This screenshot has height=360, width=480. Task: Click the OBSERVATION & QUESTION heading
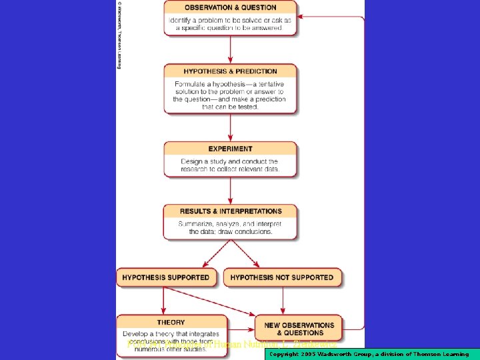click(230, 7)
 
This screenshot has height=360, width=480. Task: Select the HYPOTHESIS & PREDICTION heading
click(230, 71)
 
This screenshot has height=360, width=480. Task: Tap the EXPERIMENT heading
click(230, 149)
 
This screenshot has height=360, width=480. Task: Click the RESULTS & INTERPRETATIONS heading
click(230, 211)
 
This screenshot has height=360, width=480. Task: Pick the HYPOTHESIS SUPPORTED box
click(166, 277)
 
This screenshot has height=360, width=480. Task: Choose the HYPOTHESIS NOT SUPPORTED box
click(282, 277)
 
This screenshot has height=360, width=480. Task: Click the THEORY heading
click(171, 323)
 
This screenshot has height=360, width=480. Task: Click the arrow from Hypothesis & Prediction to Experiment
click(231, 126)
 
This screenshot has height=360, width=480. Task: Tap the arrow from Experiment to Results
click(231, 190)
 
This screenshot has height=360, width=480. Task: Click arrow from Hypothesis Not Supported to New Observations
click(283, 301)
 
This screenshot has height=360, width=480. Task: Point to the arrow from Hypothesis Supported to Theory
click(167, 301)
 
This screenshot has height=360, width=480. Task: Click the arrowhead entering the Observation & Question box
click(301, 17)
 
